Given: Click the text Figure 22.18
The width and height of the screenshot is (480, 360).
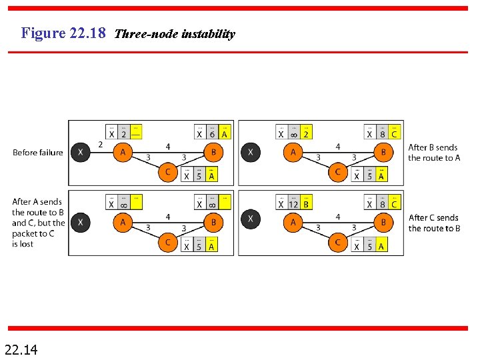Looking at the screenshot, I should pyautogui.click(x=63, y=33).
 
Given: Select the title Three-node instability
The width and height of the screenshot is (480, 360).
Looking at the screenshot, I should pyautogui.click(x=175, y=34).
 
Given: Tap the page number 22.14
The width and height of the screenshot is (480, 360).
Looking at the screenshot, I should pyautogui.click(x=21, y=348).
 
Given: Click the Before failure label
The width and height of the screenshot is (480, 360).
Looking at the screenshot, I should pyautogui.click(x=38, y=153).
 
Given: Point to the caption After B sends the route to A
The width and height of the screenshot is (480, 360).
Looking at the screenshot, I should pyautogui.click(x=434, y=153).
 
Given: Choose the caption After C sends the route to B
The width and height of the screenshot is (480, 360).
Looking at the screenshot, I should pyautogui.click(x=434, y=223).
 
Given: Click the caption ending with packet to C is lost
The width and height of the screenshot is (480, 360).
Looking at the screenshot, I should pyautogui.click(x=39, y=223).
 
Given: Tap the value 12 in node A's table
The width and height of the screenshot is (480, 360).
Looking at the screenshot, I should pyautogui.click(x=293, y=205).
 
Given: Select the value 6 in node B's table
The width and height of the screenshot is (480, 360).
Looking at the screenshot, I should pyautogui.click(x=212, y=134).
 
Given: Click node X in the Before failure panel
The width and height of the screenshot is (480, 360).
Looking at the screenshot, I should pyautogui.click(x=80, y=153).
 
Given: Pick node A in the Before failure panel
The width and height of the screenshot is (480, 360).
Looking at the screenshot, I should pyautogui.click(x=123, y=153).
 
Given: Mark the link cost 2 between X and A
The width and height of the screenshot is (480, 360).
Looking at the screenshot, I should pyautogui.click(x=100, y=144).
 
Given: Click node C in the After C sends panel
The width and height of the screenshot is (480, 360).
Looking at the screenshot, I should pyautogui.click(x=337, y=242).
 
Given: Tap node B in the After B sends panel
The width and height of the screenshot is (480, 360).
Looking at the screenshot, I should pyautogui.click(x=383, y=153).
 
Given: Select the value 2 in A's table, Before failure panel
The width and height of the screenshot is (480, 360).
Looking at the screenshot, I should pyautogui.click(x=123, y=134).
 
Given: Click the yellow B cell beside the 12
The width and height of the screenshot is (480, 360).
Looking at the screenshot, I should pyautogui.click(x=306, y=205).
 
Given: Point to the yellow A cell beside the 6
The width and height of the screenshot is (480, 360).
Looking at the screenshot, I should pyautogui.click(x=225, y=134).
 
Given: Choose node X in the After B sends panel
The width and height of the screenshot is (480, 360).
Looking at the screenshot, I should pyautogui.click(x=250, y=153).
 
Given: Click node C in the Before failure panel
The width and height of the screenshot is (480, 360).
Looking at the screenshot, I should pyautogui.click(x=167, y=172).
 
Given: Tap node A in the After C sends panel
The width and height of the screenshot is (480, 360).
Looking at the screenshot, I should pyautogui.click(x=293, y=223).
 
